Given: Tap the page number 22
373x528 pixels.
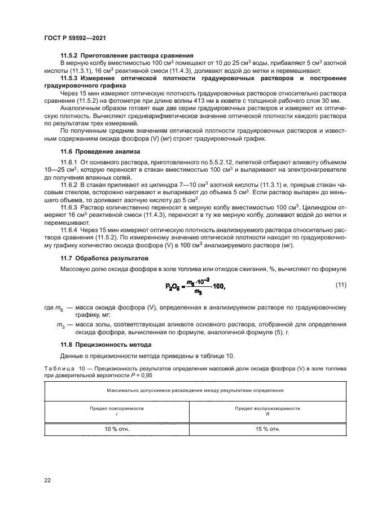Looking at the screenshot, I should pos(47,481).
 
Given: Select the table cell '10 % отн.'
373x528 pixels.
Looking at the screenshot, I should pos(117,429).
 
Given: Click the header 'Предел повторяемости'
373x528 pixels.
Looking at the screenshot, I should pos(117,408).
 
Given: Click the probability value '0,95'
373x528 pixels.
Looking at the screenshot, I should pos(146,375).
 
